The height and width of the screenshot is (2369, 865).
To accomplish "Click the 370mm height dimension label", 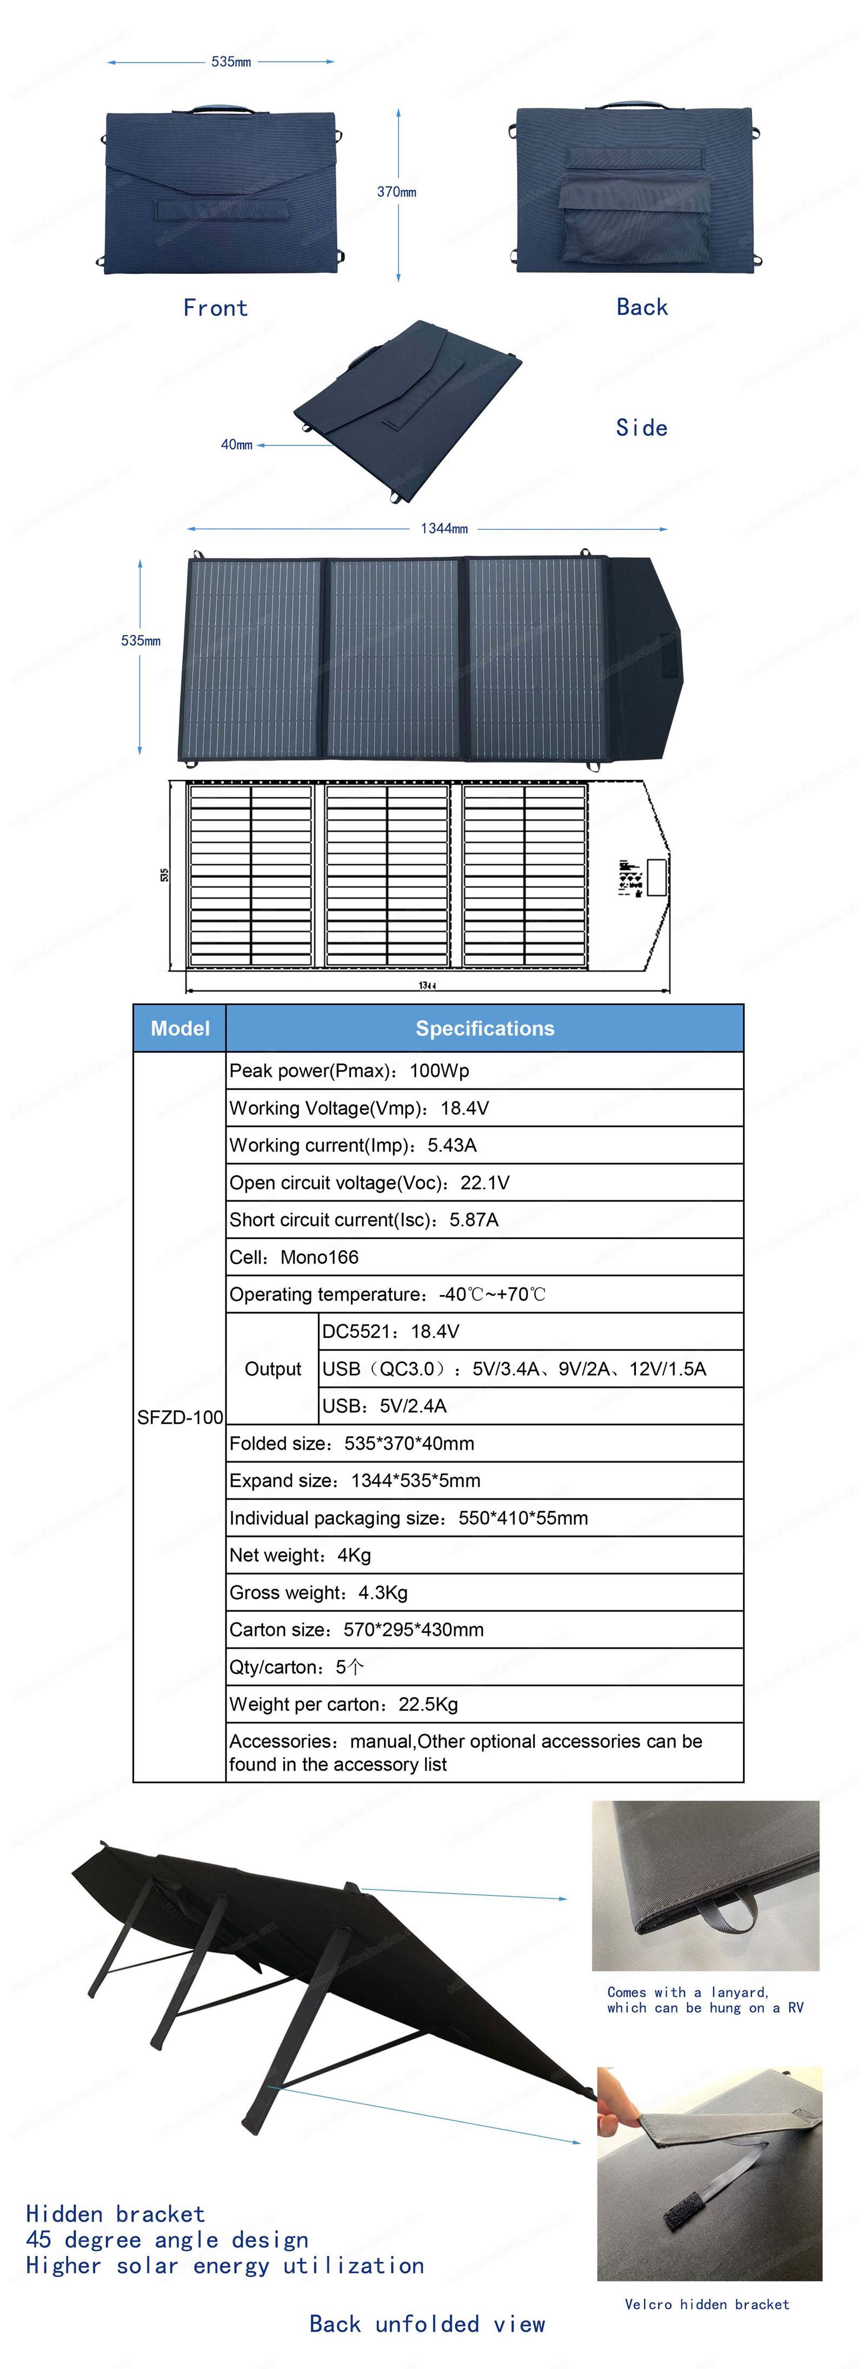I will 397,192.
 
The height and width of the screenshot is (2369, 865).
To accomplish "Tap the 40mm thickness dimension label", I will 236,445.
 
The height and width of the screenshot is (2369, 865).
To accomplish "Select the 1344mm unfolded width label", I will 444,529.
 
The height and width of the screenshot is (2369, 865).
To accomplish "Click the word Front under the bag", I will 215,308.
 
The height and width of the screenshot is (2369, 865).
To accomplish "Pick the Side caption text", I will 641,428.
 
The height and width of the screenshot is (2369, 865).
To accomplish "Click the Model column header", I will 181,1028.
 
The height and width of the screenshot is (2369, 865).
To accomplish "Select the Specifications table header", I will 485,1028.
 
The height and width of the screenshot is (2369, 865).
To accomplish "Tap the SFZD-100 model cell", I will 181,1417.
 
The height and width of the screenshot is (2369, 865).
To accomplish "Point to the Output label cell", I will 274,1369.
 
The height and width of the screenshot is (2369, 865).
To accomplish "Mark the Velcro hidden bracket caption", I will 707,2304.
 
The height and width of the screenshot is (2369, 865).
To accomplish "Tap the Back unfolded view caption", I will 427,2324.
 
